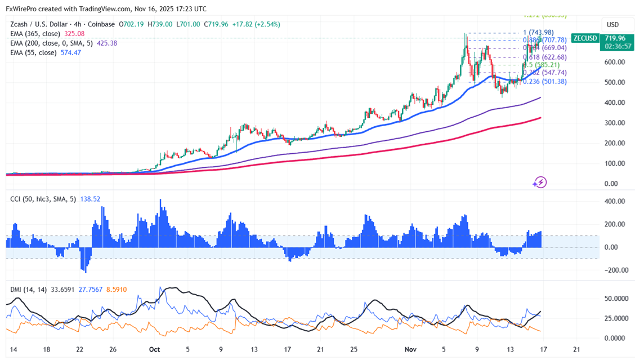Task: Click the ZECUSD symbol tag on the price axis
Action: pyautogui.click(x=585, y=38)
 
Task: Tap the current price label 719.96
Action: pyautogui.click(x=613, y=38)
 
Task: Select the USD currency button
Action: pyautogui.click(x=612, y=25)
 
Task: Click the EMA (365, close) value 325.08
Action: pyautogui.click(x=79, y=34)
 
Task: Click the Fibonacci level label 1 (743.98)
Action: pyautogui.click(x=538, y=32)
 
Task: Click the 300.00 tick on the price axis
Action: pyautogui.click(x=614, y=123)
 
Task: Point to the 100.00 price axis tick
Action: pyautogui.click(x=614, y=163)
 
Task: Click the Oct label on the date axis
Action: pyautogui.click(x=154, y=349)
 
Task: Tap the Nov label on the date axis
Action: pyautogui.click(x=410, y=349)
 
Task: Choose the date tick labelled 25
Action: pyautogui.click(x=354, y=349)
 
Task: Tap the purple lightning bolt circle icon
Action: pyautogui.click(x=540, y=182)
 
